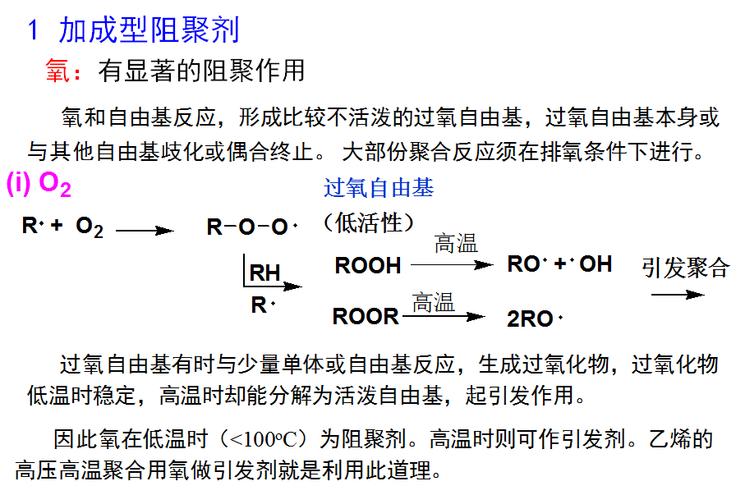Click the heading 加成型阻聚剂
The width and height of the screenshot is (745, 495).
[x=149, y=30]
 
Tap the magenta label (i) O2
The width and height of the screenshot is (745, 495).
[x=39, y=186]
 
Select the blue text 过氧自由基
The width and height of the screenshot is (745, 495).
[x=379, y=189]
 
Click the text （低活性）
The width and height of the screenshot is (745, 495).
[x=369, y=222]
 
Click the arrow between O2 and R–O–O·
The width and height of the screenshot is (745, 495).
[x=145, y=231]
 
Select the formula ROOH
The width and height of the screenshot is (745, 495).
[x=368, y=266]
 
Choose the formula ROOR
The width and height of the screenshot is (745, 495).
[x=366, y=316]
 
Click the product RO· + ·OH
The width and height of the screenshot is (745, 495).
[x=559, y=264]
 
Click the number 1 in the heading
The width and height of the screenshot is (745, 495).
[x=34, y=31]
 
